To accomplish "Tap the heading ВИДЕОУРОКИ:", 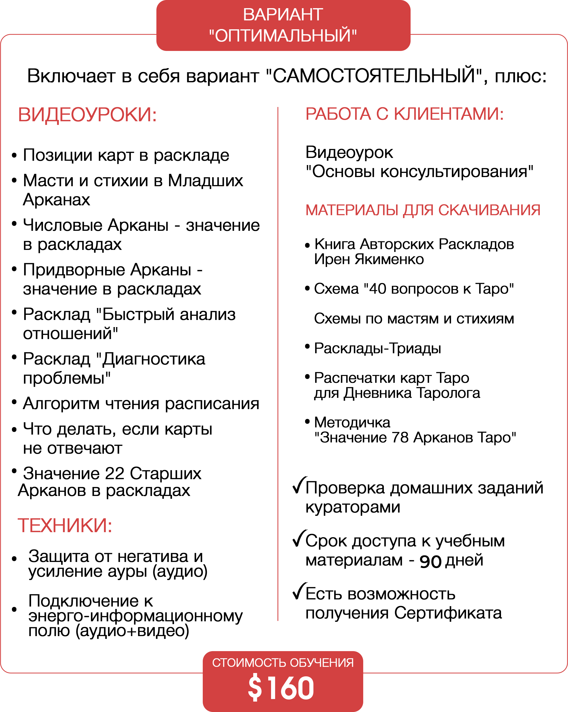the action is (x=87, y=115).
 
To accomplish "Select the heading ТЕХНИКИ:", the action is (x=65, y=526).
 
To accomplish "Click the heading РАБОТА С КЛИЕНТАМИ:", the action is (x=404, y=114).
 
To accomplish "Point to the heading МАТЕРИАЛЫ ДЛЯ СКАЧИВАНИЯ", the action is (x=423, y=210).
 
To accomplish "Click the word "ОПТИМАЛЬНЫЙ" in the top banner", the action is (x=283, y=36).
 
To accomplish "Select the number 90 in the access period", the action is (x=430, y=561).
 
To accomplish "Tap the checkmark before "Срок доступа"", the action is (x=300, y=538).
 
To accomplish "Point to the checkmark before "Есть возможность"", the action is (x=300, y=591).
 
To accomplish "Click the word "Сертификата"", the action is (x=448, y=613).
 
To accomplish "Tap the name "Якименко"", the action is (x=389, y=259).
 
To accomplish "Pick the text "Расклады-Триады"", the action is (x=377, y=348).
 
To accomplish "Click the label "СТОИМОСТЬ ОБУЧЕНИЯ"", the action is (x=283, y=663).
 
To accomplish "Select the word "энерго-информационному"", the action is (x=136, y=616).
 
